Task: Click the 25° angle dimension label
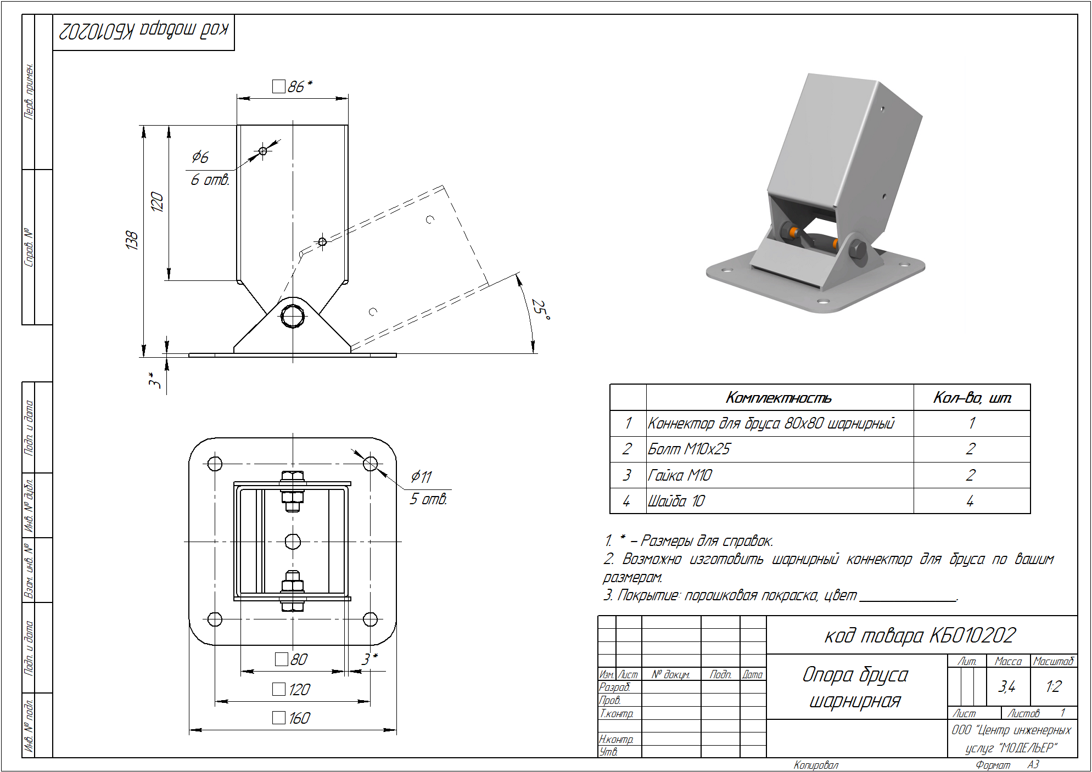tap(540, 310)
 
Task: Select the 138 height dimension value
tap(132, 240)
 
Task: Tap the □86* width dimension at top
tap(293, 86)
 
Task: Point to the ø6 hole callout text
tap(200, 157)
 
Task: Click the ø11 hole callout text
tap(421, 477)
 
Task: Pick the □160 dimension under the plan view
tap(293, 718)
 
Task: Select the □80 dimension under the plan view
tap(292, 659)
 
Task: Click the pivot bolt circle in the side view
tap(293, 316)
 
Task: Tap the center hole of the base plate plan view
tap(293, 542)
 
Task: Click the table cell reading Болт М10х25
tap(689, 449)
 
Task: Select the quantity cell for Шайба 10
tap(971, 501)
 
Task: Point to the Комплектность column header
tap(779, 397)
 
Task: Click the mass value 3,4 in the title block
tap(1007, 686)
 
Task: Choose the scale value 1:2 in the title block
tap(1053, 686)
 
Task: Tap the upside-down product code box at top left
tap(143, 31)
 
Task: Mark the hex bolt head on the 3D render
tap(857, 250)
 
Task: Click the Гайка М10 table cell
tap(680, 475)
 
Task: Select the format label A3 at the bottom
tap(1033, 764)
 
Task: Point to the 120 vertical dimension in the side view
tap(157, 202)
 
